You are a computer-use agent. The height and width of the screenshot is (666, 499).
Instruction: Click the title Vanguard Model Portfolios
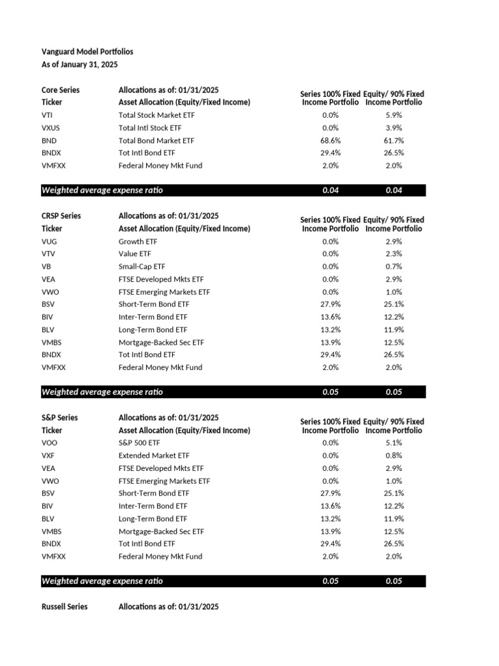click(87, 51)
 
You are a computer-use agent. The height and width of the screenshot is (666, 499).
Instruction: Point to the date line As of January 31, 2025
click(79, 64)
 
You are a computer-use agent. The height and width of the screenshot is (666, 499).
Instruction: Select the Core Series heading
click(60, 90)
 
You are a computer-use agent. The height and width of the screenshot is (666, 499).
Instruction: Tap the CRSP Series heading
click(61, 216)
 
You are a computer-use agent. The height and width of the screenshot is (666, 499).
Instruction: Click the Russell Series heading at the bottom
click(64, 607)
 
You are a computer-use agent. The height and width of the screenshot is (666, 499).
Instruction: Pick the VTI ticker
click(47, 115)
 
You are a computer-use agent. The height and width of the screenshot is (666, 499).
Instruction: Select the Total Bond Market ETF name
click(157, 140)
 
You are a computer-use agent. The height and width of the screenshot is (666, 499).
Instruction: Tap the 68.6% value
click(330, 140)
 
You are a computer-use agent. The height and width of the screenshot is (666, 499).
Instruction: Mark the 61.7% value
click(394, 140)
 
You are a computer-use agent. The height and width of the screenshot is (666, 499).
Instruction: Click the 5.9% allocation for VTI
click(394, 115)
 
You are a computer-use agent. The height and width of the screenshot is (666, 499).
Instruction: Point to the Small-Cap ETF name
click(142, 267)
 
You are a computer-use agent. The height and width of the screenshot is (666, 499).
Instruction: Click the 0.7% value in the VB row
click(394, 267)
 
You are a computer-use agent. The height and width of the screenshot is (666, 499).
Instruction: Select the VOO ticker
click(49, 443)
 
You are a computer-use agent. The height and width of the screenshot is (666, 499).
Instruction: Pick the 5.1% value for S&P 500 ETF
click(394, 443)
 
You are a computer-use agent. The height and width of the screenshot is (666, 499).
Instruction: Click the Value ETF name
click(135, 254)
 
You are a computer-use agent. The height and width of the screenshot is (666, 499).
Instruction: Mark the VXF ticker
click(49, 456)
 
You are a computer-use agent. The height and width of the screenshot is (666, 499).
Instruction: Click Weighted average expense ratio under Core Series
click(102, 191)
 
